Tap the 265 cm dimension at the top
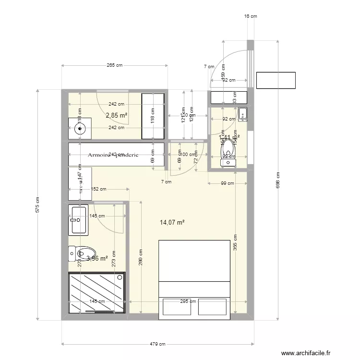click(x=114, y=65)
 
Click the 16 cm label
click(x=251, y=16)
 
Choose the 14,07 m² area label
click(x=172, y=222)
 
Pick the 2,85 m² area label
click(x=116, y=115)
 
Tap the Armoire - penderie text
click(x=113, y=155)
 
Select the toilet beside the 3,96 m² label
click(x=82, y=252)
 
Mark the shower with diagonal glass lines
click(x=96, y=293)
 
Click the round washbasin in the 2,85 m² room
click(x=79, y=128)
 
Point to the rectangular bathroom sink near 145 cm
click(x=79, y=220)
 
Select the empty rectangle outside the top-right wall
click(x=276, y=80)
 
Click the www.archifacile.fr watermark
click(x=306, y=353)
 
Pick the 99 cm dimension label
click(x=227, y=183)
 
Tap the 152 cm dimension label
click(x=99, y=189)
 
